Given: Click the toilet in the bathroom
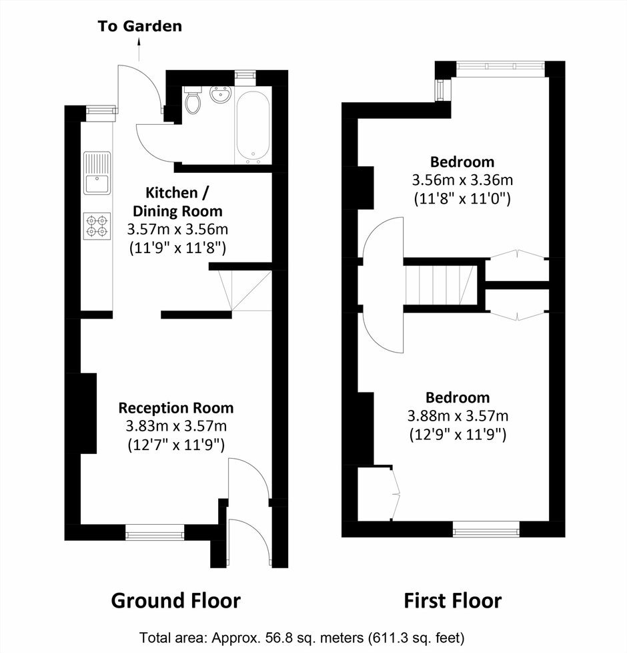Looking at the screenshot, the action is tap(193, 100).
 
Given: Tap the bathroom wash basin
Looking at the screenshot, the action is tap(219, 95).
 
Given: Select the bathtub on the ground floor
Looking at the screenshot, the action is tap(253, 128).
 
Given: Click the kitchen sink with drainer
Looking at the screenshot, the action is tap(97, 173).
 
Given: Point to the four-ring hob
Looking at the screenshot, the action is tap(97, 226).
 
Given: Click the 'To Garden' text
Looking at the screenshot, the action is tap(140, 26).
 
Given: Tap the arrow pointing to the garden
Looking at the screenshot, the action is tap(139, 49).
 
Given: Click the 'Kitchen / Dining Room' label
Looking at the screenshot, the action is tap(177, 202).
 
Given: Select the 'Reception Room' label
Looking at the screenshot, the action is tap(176, 408).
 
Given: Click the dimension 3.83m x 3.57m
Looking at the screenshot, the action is tap(176, 426).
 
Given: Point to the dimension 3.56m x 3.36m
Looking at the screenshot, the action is tap(462, 180).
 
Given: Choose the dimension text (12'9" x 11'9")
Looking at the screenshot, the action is tap(458, 435).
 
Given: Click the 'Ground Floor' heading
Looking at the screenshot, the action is tap(175, 601).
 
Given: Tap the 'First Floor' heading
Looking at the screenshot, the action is tap(453, 601).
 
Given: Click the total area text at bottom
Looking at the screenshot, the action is tap(301, 638).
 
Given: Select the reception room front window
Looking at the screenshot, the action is tap(155, 532).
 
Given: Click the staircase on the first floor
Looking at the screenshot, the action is tap(440, 285).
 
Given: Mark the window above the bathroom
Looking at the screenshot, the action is tap(245, 75).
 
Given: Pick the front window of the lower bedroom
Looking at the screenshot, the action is tap(486, 529).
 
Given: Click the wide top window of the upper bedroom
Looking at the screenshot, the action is tap(500, 66).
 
